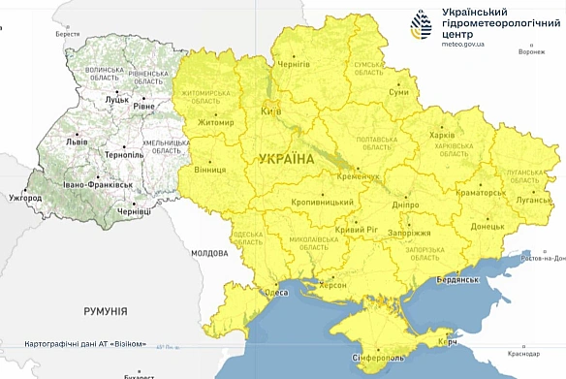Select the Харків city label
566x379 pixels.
pos(441,136)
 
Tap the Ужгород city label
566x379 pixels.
pos(24,199)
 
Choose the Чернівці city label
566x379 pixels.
pos(134,211)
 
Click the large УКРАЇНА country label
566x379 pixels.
pos(286,158)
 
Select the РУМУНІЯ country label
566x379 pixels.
pos(105,312)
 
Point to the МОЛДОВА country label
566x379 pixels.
pos(208,253)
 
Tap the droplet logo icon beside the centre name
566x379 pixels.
pos(423,26)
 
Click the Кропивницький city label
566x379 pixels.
pos(324,203)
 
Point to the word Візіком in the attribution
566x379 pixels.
pos(128,343)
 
